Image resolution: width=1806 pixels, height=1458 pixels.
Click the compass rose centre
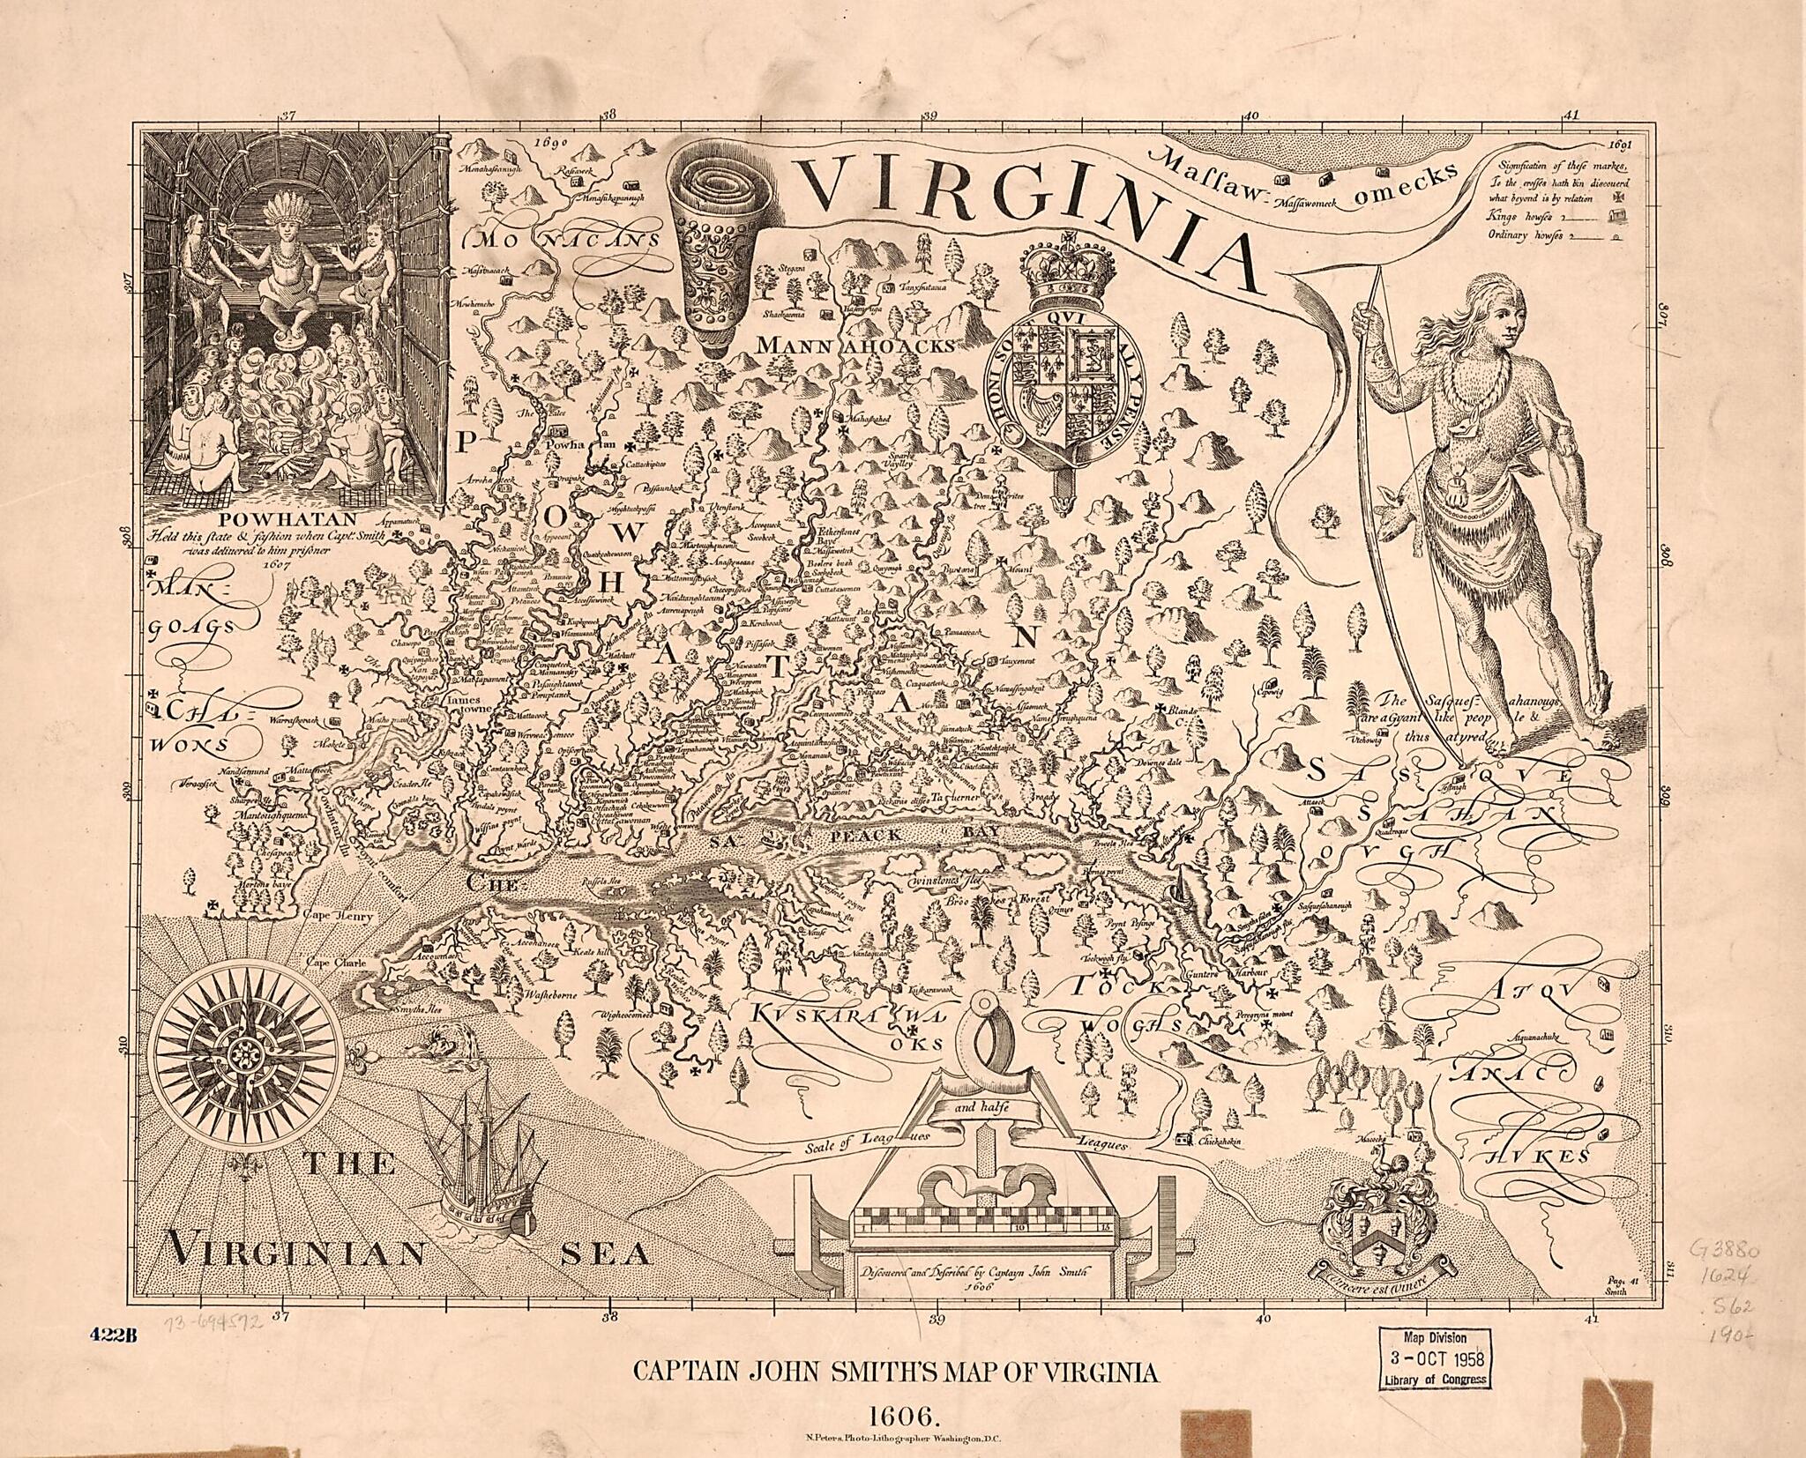tap(243, 1054)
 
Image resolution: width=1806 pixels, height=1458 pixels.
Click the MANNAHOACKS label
tap(854, 346)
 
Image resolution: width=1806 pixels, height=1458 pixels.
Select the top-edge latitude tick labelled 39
tap(929, 115)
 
